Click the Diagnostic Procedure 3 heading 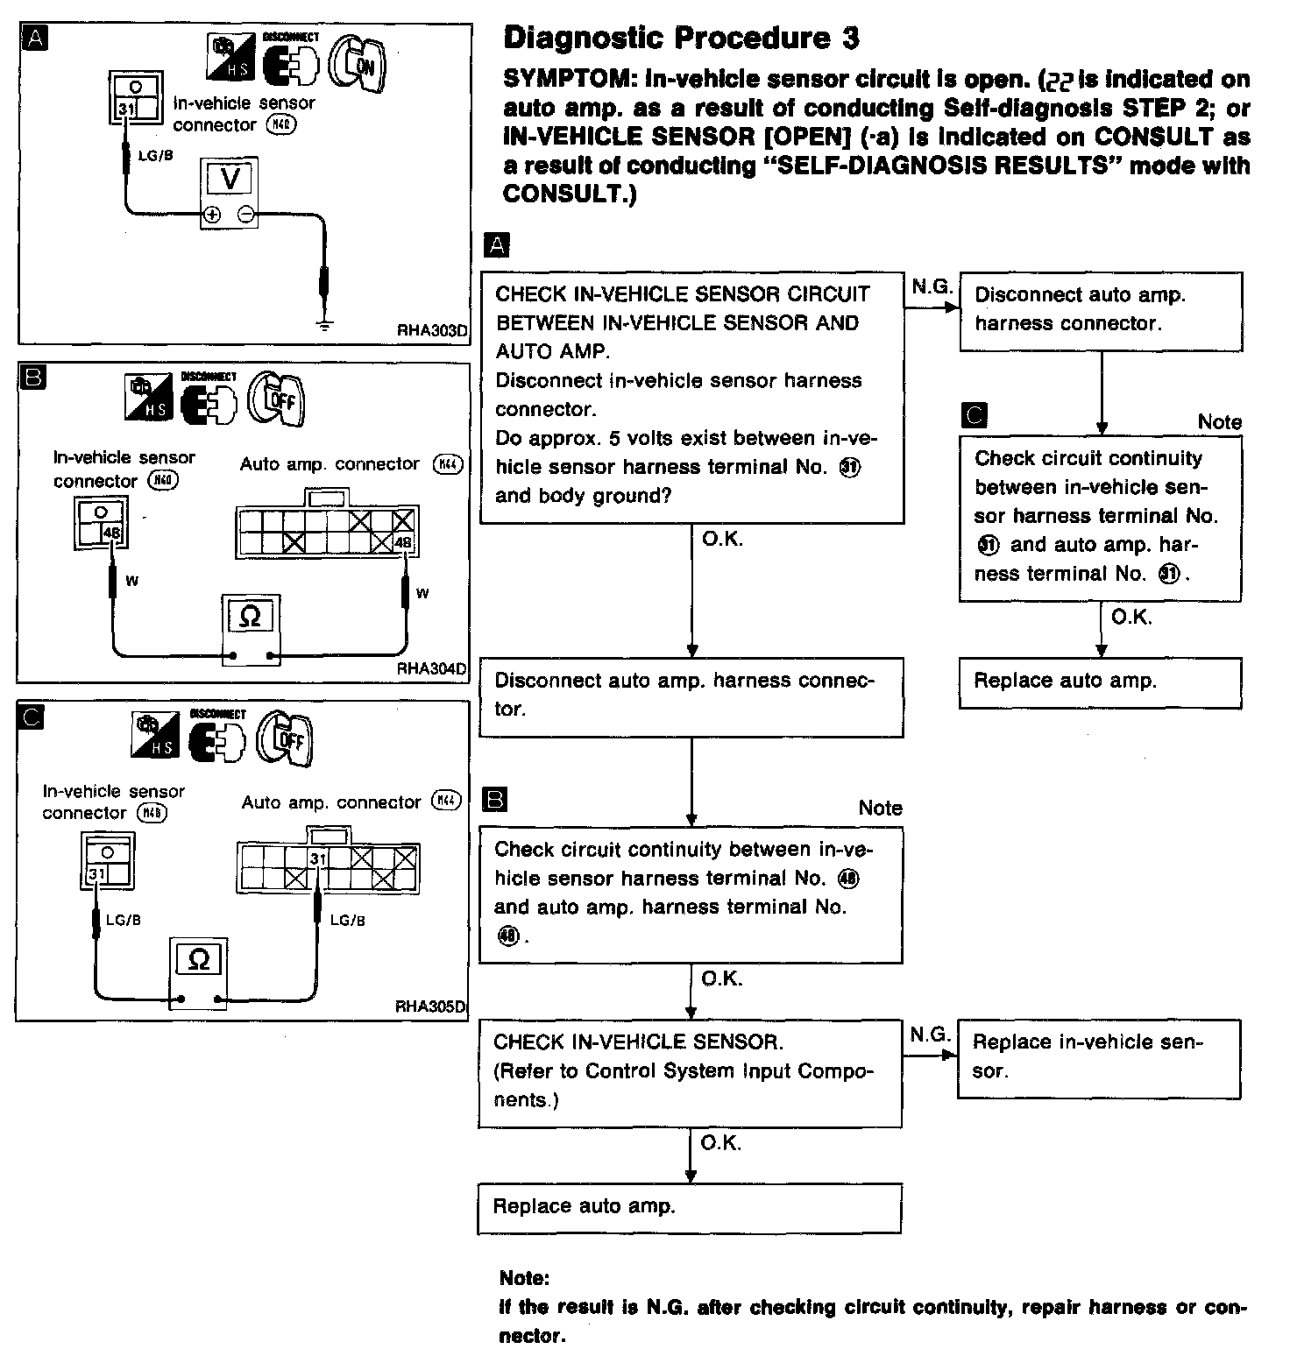682,39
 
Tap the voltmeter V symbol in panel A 230,179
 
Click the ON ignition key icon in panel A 357,62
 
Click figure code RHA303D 432,331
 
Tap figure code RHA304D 431,668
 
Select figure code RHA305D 430,1006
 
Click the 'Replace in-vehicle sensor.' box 1099,1057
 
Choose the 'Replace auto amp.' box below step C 1100,682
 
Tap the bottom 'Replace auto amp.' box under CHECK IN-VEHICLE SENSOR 690,1207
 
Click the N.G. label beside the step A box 931,286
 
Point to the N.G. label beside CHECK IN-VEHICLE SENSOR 929,1035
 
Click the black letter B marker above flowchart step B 495,799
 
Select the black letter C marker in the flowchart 974,414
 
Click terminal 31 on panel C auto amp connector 318,858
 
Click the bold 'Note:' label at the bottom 524,1278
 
